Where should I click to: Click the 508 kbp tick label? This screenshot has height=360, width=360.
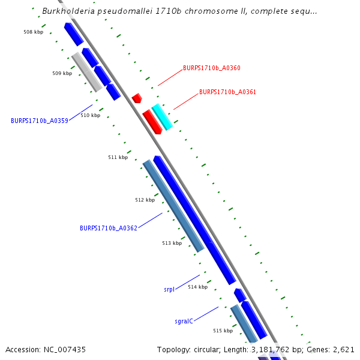[33, 32]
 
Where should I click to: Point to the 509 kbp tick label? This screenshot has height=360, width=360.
[62, 73]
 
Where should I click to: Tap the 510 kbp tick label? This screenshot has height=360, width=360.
[90, 115]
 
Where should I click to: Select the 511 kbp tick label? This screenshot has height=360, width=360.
[118, 157]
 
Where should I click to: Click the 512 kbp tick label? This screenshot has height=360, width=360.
[145, 200]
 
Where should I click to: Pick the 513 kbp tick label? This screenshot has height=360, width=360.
[172, 243]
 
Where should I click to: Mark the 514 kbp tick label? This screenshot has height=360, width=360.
[197, 287]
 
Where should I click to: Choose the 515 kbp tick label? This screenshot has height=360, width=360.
[223, 331]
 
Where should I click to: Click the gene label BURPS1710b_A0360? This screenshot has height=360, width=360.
[211, 68]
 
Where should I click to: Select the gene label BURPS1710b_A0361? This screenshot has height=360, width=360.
[227, 92]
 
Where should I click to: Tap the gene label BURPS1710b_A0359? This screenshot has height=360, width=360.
[40, 121]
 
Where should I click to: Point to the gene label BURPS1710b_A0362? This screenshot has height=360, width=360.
[109, 228]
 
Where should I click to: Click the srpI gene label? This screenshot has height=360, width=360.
[169, 289]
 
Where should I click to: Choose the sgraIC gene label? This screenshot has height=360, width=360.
[184, 321]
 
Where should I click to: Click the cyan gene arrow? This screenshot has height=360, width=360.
[162, 116]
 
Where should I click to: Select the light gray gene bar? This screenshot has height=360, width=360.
[86, 72]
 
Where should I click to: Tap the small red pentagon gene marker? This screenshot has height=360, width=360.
[137, 98]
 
